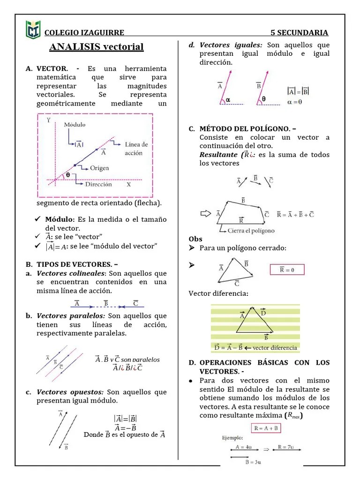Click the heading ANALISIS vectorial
(96, 47)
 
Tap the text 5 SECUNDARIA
(299, 32)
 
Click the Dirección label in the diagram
(98, 184)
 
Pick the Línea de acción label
(136, 149)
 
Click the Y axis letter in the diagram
(48, 120)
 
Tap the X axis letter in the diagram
(128, 185)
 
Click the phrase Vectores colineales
(71, 273)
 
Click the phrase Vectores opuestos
(70, 392)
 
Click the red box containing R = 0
(287, 270)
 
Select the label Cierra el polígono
(250, 231)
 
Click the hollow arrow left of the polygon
(206, 213)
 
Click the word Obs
(195, 239)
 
